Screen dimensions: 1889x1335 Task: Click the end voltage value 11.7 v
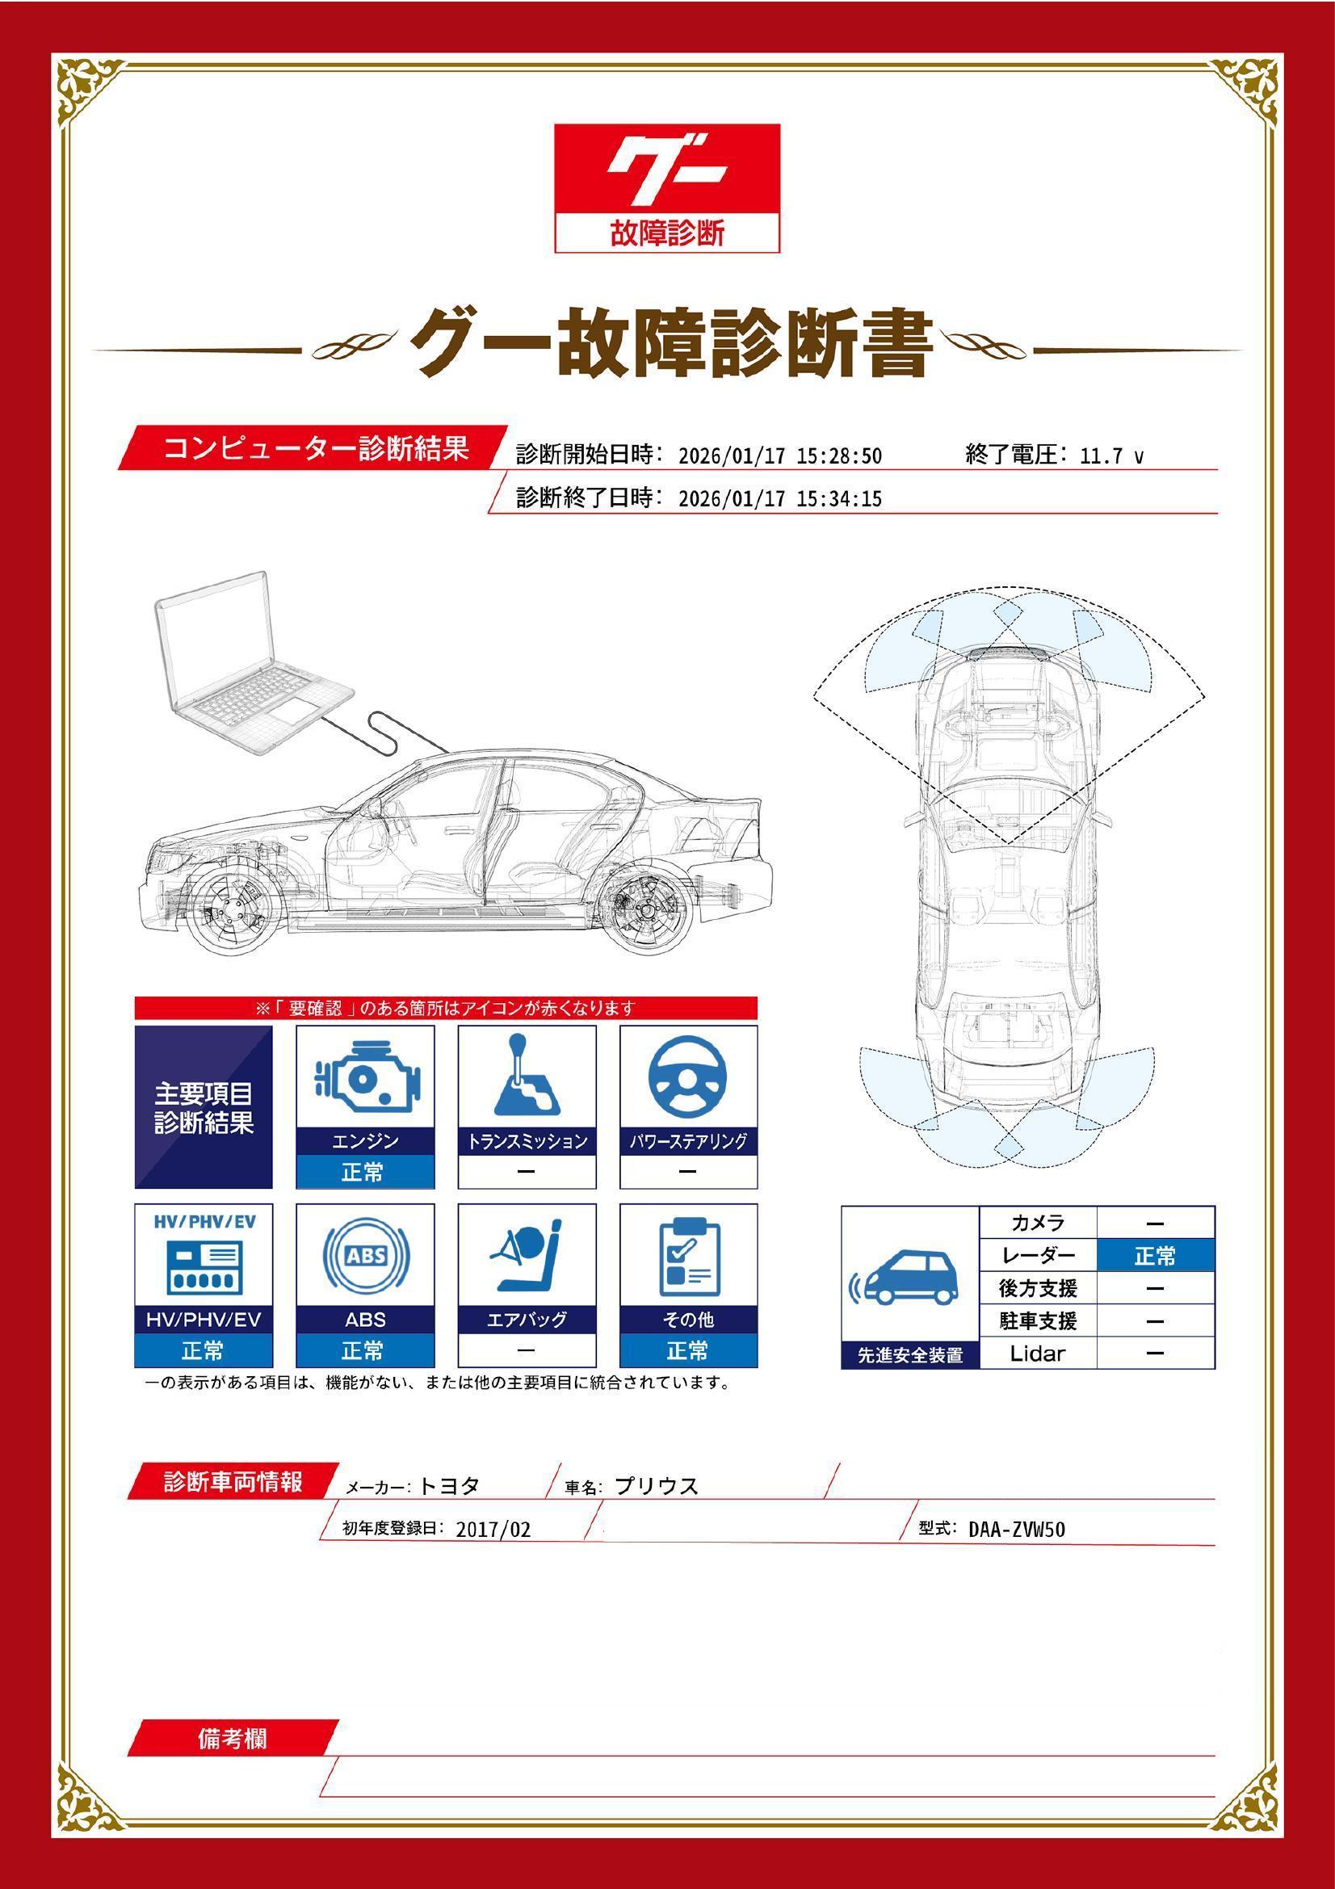point(1110,456)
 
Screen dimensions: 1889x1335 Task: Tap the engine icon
point(365,1079)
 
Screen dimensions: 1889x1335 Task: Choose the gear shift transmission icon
point(527,1079)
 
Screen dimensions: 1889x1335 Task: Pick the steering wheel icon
point(687,1079)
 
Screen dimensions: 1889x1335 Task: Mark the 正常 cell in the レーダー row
point(1155,1256)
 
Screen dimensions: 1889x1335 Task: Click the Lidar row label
point(1037,1354)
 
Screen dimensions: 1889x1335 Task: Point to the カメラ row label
point(1037,1224)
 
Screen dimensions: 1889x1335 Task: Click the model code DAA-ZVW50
point(1016,1530)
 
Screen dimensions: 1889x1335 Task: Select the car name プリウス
point(657,1487)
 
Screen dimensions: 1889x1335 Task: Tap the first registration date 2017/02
point(493,1530)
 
